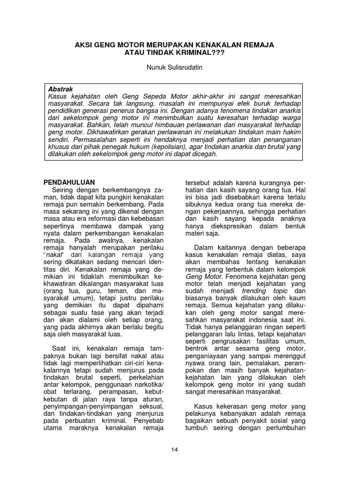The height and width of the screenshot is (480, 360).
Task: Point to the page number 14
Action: pyautogui.click(x=174, y=450)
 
